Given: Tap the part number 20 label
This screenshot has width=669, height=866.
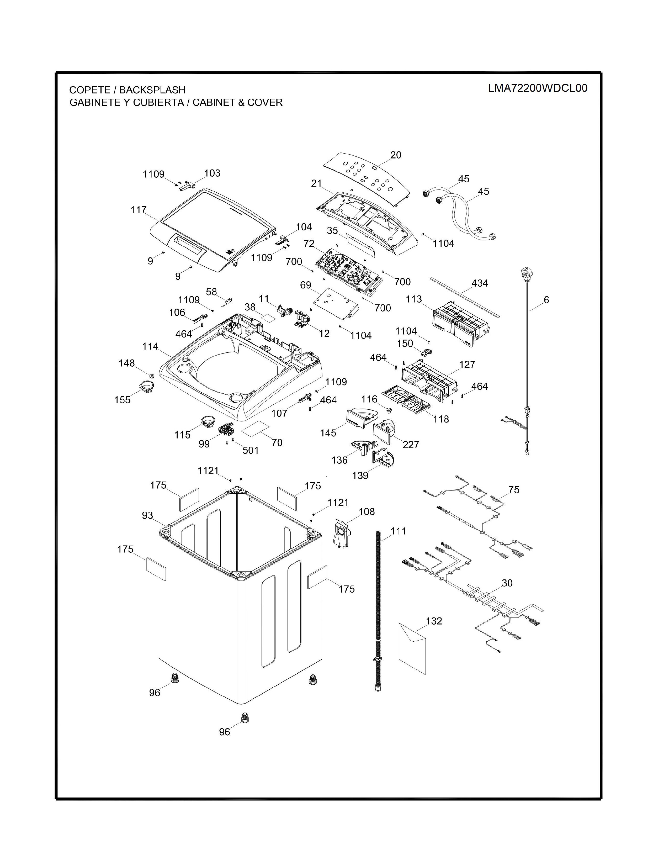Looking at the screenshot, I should point(396,155).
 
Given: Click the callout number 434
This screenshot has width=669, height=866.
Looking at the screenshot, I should point(480,283).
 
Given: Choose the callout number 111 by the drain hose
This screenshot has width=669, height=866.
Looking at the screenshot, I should point(398,531).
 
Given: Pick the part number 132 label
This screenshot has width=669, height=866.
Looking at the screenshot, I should point(434,621).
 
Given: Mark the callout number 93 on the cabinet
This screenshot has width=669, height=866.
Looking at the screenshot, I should point(147,515).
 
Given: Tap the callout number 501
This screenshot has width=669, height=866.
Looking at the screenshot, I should point(251,450).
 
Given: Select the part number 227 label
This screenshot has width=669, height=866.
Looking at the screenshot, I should point(411,445).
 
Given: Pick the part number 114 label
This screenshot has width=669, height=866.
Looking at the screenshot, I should point(150,347).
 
